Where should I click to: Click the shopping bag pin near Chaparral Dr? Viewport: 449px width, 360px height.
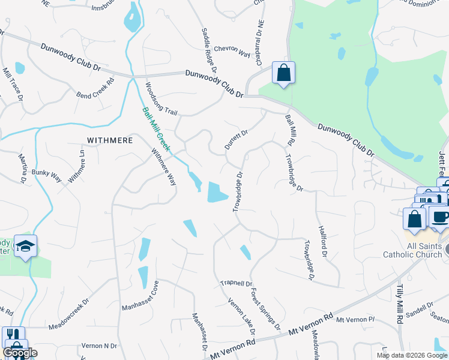(283, 73)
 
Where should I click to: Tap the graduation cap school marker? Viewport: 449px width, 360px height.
(26, 246)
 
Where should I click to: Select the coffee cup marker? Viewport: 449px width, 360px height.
(440, 217)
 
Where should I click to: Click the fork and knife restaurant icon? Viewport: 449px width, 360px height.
(13, 335)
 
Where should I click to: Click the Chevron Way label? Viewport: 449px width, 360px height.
(231, 52)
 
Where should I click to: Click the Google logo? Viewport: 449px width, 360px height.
(19, 353)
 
